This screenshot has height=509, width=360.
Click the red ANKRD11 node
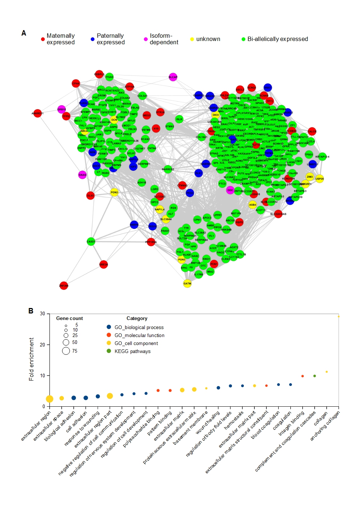[37, 113]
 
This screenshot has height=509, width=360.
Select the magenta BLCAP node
[173, 77]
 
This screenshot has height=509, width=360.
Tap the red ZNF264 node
[64, 286]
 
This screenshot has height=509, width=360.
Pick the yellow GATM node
[187, 283]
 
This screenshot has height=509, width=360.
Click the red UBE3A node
[103, 264]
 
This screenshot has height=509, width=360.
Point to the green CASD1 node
[91, 241]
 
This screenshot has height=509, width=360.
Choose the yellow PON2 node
[114, 192]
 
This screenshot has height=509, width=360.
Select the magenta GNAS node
[82, 175]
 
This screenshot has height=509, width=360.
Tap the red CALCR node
[312, 131]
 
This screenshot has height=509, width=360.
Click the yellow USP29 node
[319, 178]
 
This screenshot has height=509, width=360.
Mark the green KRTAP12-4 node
[322, 157]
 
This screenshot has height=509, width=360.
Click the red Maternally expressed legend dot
[43, 39]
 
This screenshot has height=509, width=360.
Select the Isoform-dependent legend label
[164, 39]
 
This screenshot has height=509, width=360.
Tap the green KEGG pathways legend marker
[109, 351]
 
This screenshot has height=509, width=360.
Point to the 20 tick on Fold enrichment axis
[43, 345]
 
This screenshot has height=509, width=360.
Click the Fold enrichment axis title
[32, 359]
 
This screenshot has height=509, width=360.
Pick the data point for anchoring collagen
[339, 316]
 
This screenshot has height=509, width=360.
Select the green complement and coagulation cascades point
[315, 376]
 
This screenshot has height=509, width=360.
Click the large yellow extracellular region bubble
[50, 399]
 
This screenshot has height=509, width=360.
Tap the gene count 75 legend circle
[66, 351]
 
